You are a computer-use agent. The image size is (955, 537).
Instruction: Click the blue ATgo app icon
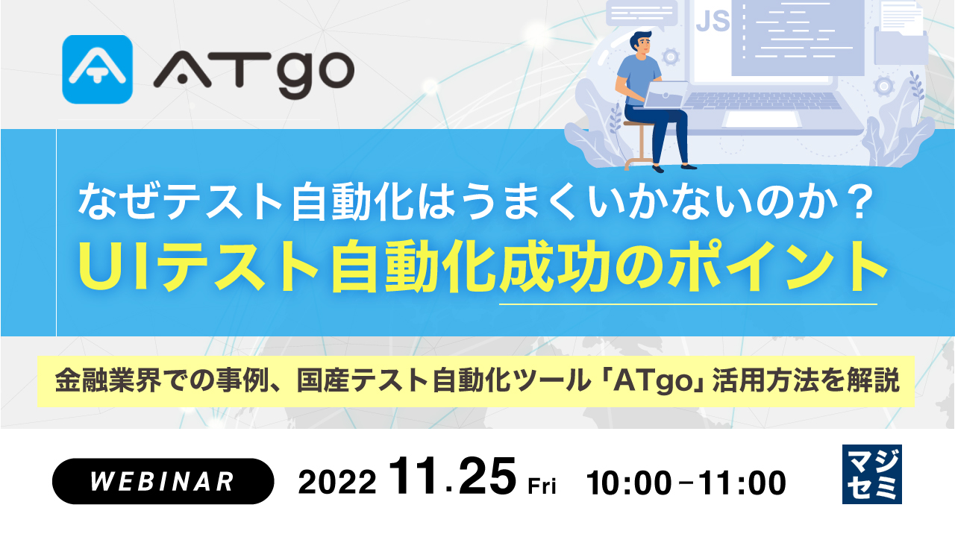tap(98, 69)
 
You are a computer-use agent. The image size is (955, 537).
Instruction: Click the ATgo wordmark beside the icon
tap(253, 72)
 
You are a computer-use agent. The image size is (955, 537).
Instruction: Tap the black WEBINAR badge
tap(163, 481)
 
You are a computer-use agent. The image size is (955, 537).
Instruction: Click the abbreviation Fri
tap(542, 487)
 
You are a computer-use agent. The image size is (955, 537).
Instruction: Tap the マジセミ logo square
tap(871, 474)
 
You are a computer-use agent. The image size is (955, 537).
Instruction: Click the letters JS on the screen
tap(712, 21)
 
